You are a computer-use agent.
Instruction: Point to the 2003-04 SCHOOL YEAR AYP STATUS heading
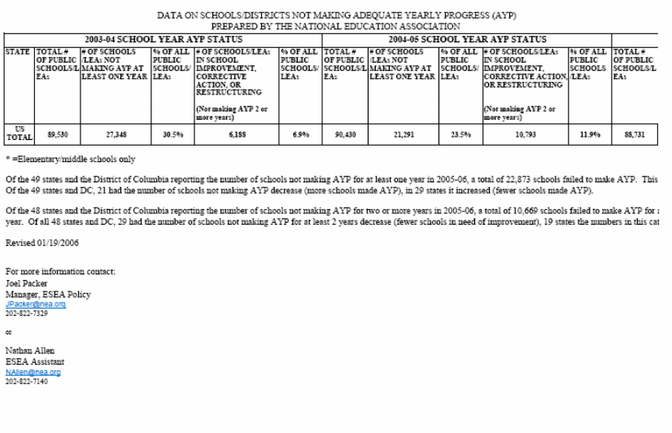pyautogui.click(x=163, y=39)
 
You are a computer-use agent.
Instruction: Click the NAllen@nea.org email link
pyautogui.click(x=33, y=372)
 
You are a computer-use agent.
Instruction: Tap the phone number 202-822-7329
pyautogui.click(x=27, y=313)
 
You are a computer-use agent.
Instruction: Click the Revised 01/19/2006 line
pyautogui.click(x=42, y=243)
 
